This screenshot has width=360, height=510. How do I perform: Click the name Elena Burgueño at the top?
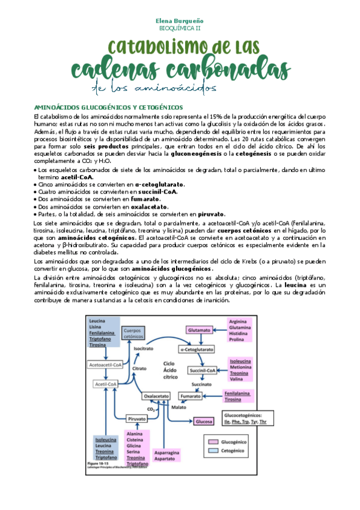point(180,20)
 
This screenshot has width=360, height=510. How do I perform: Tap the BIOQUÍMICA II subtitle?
point(180,28)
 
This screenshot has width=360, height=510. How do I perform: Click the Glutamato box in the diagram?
point(199,331)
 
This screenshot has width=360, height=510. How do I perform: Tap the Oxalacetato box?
point(156,396)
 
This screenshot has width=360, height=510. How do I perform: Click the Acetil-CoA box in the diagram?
point(106,383)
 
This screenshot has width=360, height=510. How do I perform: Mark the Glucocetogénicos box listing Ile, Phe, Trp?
point(248,418)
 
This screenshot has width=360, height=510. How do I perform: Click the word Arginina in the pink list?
point(238,322)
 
